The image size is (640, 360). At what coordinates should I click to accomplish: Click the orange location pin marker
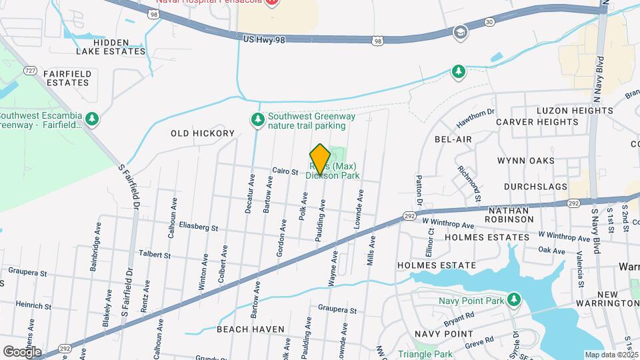click(x=320, y=159)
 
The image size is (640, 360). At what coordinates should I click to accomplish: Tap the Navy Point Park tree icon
click(x=513, y=299)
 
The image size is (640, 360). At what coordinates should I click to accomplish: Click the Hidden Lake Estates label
click(x=120, y=46)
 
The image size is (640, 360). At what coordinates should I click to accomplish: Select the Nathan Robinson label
click(x=515, y=215)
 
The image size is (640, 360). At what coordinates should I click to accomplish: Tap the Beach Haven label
click(x=251, y=329)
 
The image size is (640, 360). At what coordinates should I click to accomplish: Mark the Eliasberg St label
click(x=198, y=228)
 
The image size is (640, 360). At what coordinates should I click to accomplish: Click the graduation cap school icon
click(x=460, y=32)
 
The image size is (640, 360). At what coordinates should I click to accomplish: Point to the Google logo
click(x=22, y=351)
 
